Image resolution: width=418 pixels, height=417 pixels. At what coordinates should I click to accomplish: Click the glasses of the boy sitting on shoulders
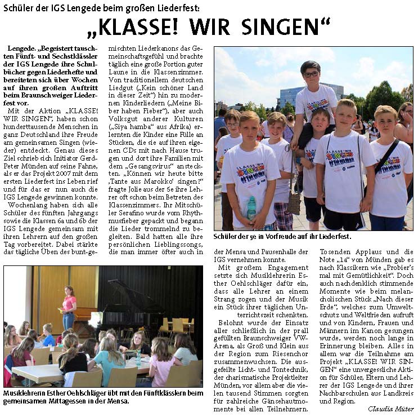point(311,74)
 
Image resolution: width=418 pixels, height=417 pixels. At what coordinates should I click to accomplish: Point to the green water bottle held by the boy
point(251,207)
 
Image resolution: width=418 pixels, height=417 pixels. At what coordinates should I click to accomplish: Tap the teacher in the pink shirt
point(69,307)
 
